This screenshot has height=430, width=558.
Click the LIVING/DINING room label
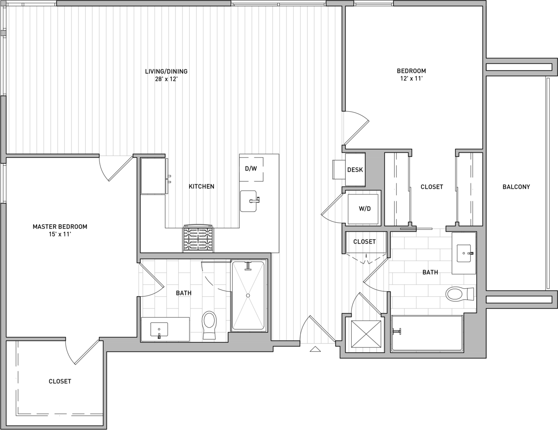[166, 71]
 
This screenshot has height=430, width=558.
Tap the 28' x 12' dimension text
[166, 79]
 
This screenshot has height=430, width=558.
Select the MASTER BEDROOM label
[60, 226]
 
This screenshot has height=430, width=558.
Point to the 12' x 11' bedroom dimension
[411, 79]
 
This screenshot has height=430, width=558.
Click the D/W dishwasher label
[251, 169]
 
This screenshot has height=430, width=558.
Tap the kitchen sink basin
[249, 201]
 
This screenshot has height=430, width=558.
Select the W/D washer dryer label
[365, 209]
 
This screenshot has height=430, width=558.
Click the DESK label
[355, 170]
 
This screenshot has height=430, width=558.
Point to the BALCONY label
[516, 187]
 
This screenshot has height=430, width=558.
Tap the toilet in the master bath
[209, 325]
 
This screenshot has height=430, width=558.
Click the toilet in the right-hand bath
[460, 294]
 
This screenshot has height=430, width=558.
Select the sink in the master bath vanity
[159, 330]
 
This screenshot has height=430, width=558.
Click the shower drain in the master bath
[248, 296]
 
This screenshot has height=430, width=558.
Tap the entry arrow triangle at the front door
[315, 349]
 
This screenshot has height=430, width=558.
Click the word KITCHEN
[201, 186]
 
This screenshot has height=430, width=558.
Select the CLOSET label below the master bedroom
[60, 381]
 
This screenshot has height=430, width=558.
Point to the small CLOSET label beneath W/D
[364, 242]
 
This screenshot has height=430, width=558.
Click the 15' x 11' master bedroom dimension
[60, 234]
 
